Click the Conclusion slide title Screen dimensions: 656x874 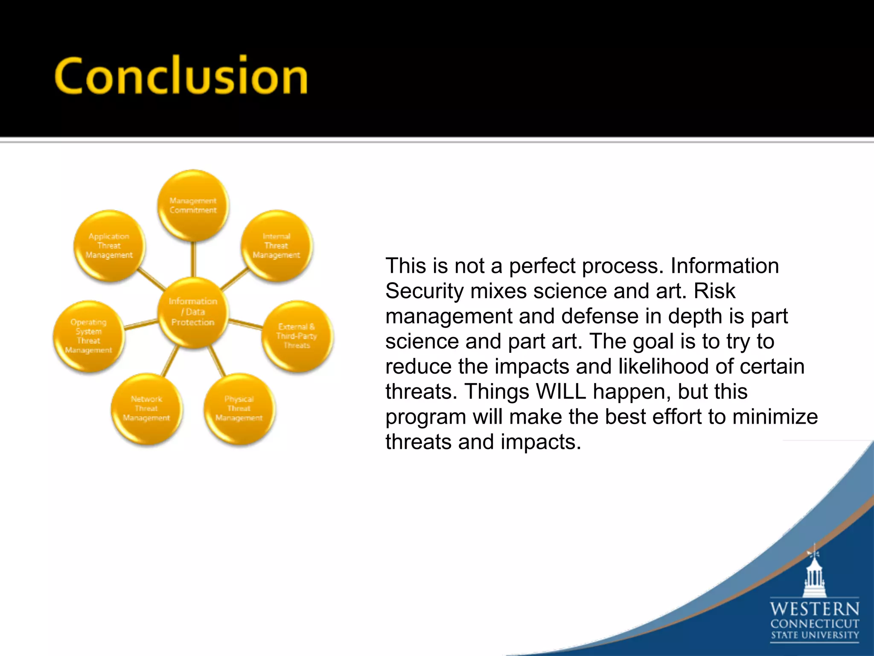(181, 76)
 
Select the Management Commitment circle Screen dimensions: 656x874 (193, 205)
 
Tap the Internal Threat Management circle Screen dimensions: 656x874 (276, 246)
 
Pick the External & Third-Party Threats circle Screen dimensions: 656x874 (297, 336)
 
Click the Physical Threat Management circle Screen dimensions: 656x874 (239, 409)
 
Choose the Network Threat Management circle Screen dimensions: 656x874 (146, 409)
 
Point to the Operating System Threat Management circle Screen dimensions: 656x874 (88, 336)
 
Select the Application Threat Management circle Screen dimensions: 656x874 (109, 246)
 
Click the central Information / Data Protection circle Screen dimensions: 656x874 (193, 312)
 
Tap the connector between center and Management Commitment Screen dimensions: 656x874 (193, 259)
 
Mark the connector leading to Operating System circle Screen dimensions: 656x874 (141, 325)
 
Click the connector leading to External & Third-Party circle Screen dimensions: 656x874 (245, 324)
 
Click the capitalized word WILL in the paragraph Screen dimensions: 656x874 (561, 392)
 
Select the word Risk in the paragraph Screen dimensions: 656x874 (714, 291)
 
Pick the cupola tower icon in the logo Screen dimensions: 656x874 (814, 572)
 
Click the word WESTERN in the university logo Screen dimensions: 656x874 (814, 609)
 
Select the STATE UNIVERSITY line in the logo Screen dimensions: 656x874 (814, 635)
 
